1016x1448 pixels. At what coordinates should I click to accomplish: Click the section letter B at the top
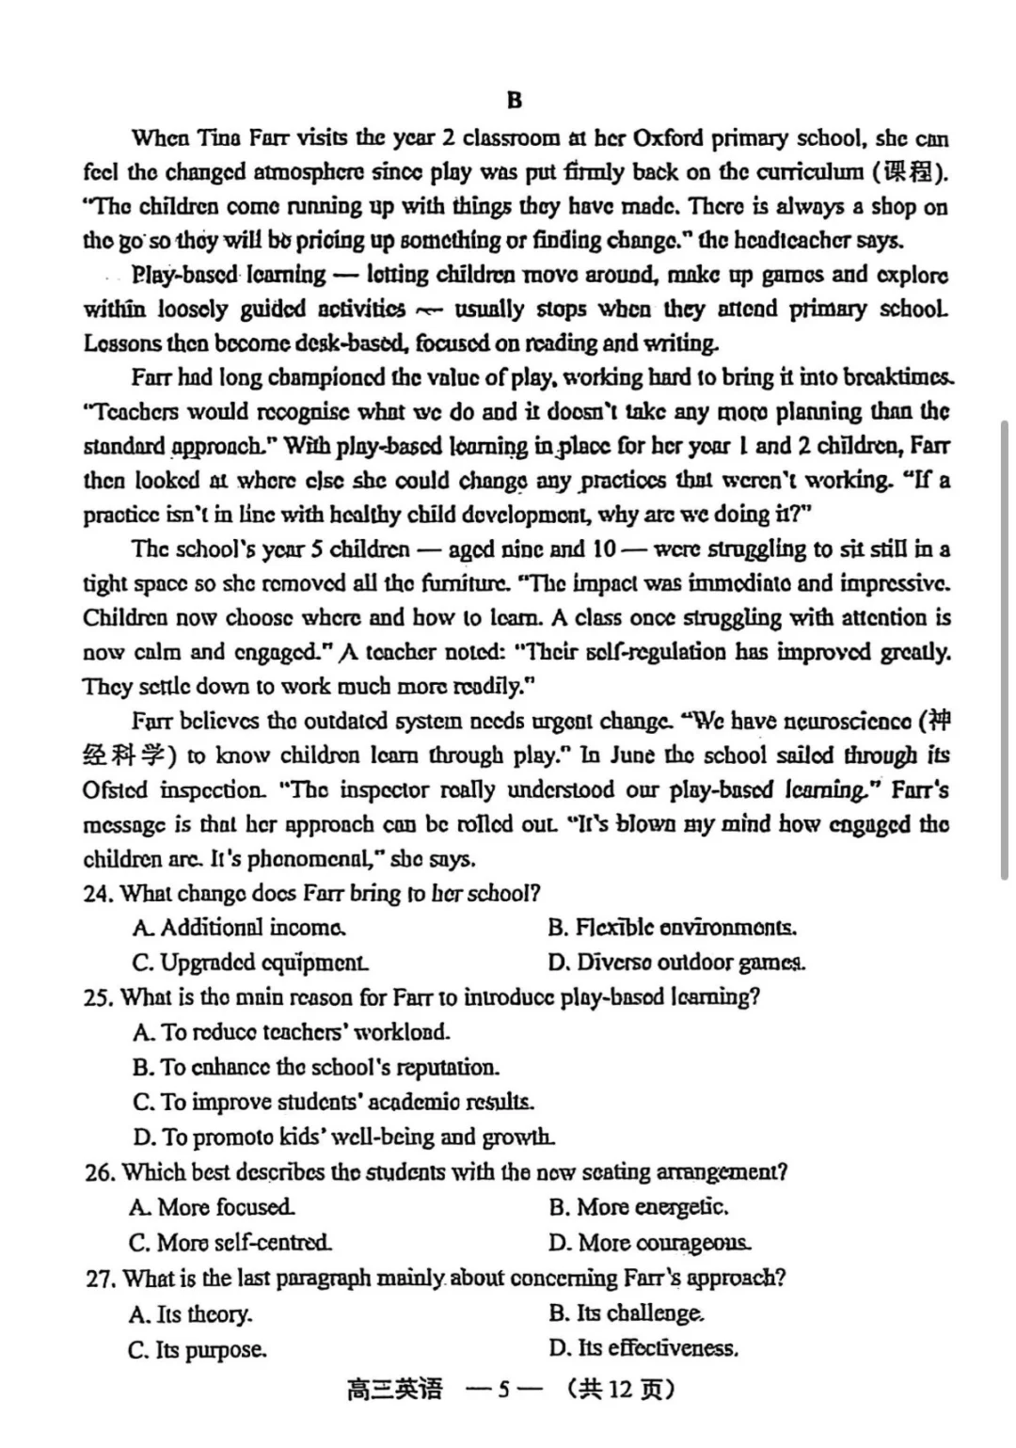click(x=514, y=100)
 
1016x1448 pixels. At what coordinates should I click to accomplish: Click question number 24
click(x=98, y=894)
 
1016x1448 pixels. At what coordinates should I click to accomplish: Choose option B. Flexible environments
click(x=672, y=929)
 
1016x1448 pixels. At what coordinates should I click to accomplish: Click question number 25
click(x=98, y=997)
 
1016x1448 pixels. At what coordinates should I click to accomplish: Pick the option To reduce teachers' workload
click(x=292, y=1032)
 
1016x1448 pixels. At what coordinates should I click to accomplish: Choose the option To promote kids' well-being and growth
click(x=343, y=1138)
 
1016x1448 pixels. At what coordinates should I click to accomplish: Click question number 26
click(x=99, y=1172)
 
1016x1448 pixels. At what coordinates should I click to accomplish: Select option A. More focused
click(x=213, y=1207)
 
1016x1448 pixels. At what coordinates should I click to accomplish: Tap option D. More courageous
click(x=650, y=1243)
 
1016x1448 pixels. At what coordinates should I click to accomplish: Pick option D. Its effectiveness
click(x=643, y=1348)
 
